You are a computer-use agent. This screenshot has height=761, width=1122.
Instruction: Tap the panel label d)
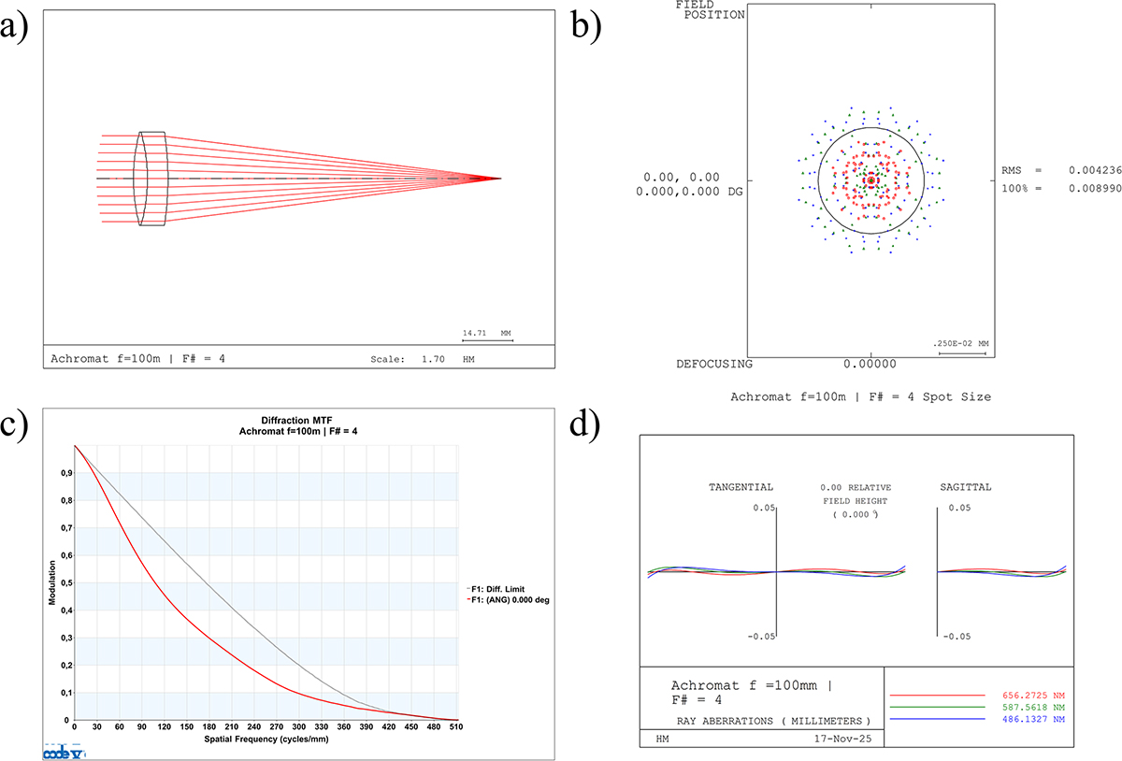[584, 425]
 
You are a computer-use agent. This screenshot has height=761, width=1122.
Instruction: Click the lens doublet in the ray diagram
[151, 179]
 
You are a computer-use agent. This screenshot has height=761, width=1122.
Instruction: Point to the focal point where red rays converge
[500, 179]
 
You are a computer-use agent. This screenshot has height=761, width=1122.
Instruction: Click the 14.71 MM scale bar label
[486, 333]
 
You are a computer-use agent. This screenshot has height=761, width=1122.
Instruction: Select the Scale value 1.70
[433, 359]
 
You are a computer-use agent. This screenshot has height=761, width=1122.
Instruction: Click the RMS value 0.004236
[1095, 170]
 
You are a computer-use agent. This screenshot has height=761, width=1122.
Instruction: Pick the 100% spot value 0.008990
[1095, 188]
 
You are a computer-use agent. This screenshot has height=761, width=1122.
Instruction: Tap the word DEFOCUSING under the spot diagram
[714, 365]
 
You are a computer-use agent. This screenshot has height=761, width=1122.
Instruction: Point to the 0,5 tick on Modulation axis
[66, 583]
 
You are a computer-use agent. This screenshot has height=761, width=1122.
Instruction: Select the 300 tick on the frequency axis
[299, 727]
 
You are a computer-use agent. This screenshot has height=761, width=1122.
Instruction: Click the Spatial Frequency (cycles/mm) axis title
[266, 739]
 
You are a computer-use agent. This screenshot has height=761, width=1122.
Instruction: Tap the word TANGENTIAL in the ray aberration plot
[741, 487]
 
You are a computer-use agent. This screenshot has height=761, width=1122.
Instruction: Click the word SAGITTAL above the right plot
[966, 487]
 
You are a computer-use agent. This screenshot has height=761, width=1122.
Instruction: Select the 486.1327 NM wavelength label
[1033, 720]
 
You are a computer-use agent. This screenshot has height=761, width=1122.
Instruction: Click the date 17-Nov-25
[842, 739]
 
